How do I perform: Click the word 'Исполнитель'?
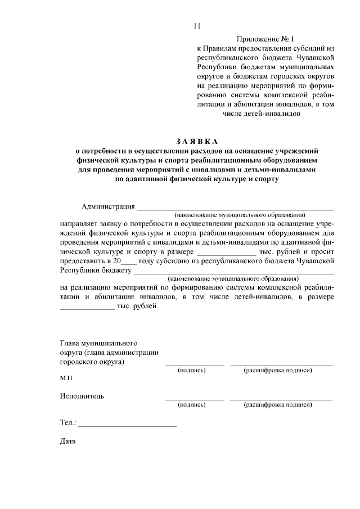82,396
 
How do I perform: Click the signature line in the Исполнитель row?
194,399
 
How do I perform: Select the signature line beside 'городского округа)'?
194,365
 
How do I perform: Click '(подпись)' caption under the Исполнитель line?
191,404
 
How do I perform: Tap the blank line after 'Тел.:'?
127,425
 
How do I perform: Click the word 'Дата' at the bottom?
67,440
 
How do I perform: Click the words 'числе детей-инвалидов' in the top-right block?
262,114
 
